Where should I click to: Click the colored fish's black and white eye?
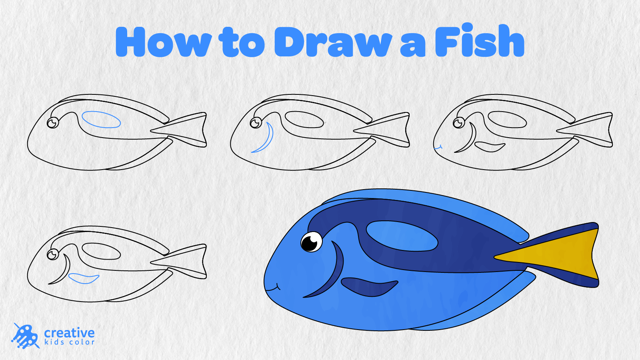pos(312,242)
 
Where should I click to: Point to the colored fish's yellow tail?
pos(557,254)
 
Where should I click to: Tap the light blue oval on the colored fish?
pos(402,236)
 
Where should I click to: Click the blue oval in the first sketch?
pos(101,120)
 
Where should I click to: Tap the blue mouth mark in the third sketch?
pos(438,148)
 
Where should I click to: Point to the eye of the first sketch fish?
pos(53,123)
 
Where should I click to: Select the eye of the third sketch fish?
pos(458,123)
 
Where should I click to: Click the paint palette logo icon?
pos(26,336)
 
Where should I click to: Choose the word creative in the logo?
pos(70,333)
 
